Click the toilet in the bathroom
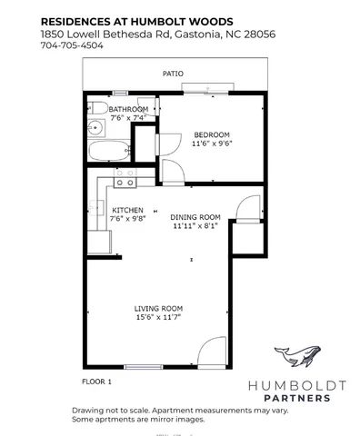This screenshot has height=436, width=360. point(95,128)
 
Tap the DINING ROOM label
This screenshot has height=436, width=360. point(196,217)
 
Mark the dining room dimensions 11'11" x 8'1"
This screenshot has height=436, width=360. point(196,226)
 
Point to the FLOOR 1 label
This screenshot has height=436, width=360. point(98,382)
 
